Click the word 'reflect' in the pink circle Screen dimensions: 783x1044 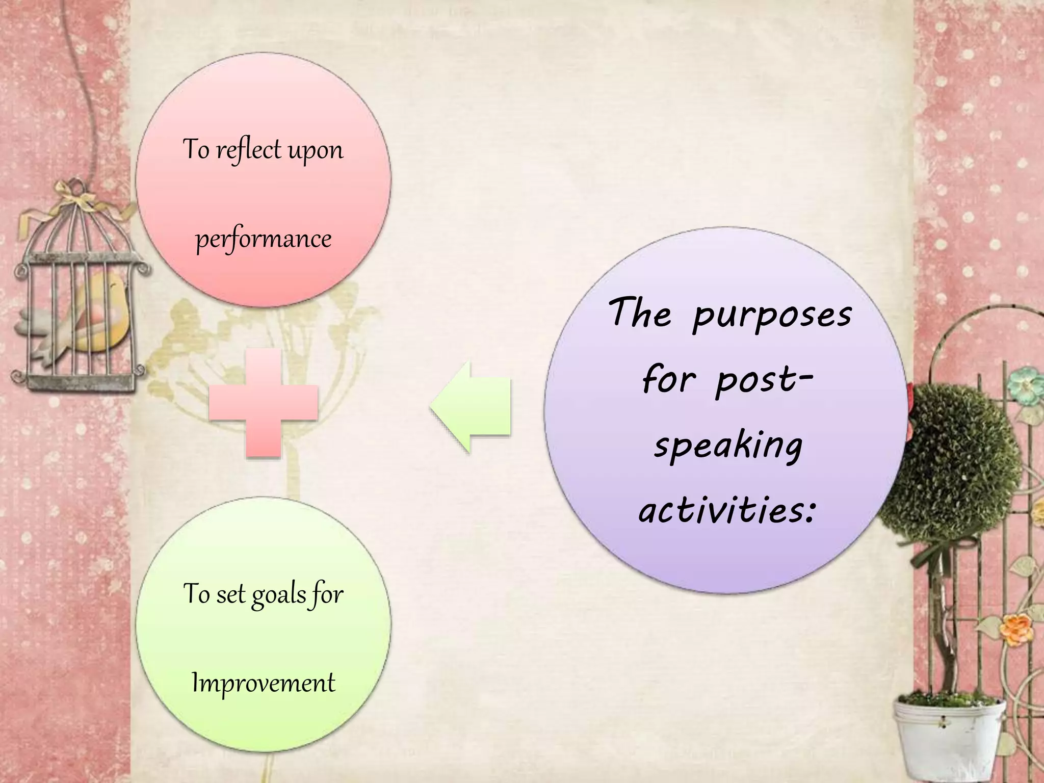pos(248,150)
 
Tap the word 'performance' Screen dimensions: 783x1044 pos(264,239)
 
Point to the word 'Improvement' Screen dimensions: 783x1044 pos(264,683)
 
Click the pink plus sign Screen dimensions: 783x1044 pos(264,403)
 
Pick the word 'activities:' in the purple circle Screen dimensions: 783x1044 pos(727,510)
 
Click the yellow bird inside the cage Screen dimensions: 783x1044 pos(105,311)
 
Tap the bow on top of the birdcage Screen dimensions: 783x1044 pos(76,196)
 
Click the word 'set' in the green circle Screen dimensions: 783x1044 pos(229,594)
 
